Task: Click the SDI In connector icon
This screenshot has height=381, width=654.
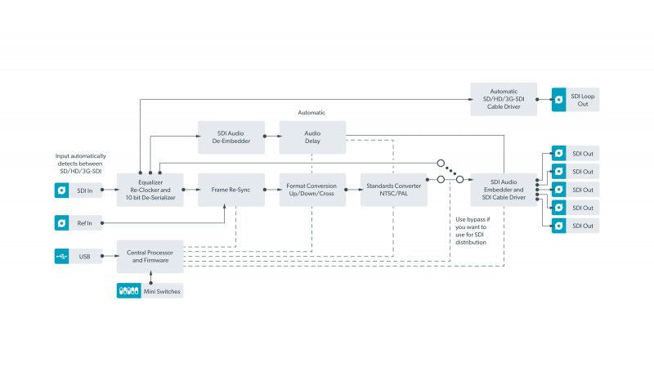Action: [62, 190]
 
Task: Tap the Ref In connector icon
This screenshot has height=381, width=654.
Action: [62, 223]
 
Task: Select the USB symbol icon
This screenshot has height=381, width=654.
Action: [62, 256]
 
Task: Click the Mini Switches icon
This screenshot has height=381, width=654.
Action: [129, 291]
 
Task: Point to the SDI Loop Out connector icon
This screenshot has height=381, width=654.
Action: [559, 99]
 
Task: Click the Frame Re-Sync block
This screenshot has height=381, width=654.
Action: [231, 190]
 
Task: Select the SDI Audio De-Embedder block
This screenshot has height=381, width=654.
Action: [231, 137]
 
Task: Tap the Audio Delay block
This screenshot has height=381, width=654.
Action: [312, 137]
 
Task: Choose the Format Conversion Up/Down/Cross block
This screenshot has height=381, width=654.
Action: [312, 190]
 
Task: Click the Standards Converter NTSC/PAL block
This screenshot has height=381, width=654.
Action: [394, 190]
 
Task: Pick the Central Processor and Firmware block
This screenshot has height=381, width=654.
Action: [150, 256]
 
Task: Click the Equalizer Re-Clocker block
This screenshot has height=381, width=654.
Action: [150, 190]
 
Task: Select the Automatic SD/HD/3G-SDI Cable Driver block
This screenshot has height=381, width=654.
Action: [504, 99]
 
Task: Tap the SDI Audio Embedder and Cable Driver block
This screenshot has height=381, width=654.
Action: [504, 190]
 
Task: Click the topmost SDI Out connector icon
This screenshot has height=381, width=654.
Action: [559, 153]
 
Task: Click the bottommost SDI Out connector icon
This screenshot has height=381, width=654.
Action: [559, 226]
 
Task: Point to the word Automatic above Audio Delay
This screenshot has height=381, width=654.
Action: [311, 113]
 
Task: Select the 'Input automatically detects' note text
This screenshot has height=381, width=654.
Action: [80, 164]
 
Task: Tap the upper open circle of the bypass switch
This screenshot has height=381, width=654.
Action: [441, 164]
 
